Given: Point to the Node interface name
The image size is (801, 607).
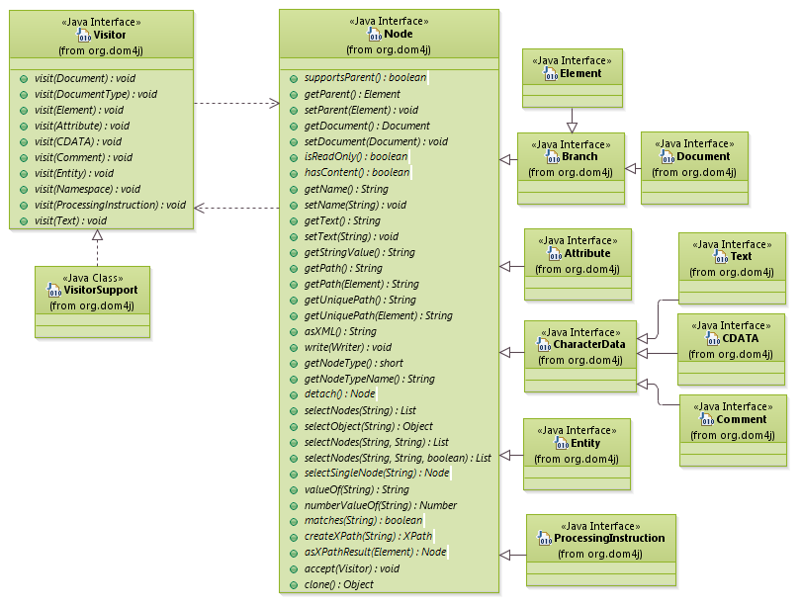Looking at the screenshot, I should (x=398, y=35).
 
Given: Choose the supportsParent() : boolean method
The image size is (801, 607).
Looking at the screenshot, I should (x=352, y=78).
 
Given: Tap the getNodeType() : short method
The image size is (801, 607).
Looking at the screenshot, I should (x=353, y=363).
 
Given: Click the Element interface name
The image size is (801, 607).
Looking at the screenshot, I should (x=580, y=74).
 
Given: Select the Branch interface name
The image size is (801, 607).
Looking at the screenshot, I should (x=579, y=157).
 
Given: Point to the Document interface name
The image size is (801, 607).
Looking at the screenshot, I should (x=703, y=156).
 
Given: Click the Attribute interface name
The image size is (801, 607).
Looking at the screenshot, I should (x=586, y=253).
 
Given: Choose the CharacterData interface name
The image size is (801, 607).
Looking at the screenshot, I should (x=588, y=345).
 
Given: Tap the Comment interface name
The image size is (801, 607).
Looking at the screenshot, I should (x=741, y=420).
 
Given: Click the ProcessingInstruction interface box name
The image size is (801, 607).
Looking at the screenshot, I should (x=608, y=539).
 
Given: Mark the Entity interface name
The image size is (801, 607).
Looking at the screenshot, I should (x=584, y=444).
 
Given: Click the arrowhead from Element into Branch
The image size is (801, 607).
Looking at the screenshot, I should (x=572, y=126).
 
